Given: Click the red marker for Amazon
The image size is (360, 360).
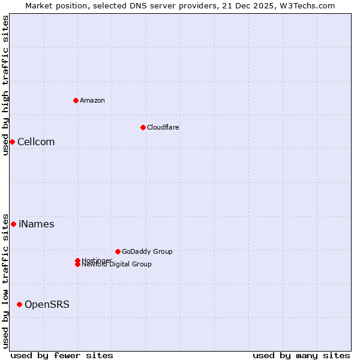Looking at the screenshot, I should click(76, 100).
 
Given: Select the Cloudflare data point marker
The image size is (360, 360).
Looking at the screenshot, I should click(143, 127).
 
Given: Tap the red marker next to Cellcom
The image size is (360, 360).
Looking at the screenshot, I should click(12, 142).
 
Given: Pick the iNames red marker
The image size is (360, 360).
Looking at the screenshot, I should click(13, 224).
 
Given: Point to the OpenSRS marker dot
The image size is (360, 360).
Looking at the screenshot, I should click(19, 304).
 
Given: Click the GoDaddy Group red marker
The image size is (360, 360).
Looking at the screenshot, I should click(118, 251).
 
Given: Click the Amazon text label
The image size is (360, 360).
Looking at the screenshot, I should click(92, 100).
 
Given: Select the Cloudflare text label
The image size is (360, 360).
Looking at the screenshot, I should click(163, 127).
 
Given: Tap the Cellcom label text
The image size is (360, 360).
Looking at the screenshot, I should click(36, 142).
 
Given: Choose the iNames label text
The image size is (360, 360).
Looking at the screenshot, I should click(36, 224).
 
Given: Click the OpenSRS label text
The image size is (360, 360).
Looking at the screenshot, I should click(47, 304).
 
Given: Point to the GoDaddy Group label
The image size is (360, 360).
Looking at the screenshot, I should click(147, 251).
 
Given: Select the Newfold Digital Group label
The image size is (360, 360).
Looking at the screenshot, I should click(116, 264).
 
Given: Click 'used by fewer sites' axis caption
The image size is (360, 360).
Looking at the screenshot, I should click(62, 355).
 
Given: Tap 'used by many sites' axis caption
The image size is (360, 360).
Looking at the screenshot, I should click(301, 355).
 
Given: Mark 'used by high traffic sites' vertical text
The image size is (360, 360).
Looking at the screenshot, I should click(5, 85).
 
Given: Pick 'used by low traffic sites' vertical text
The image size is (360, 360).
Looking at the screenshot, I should click(5, 281).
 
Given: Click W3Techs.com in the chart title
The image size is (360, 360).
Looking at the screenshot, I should click(308, 5).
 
